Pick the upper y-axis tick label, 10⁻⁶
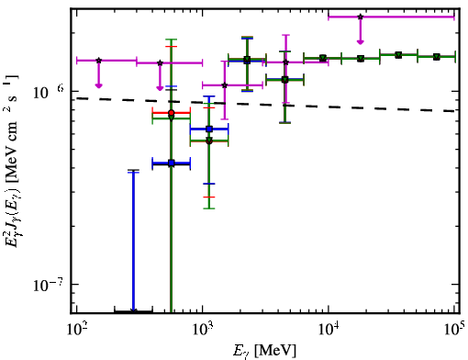[49, 92]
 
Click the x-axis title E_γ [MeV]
[264, 351]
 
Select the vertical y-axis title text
[12, 161]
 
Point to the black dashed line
[265, 105]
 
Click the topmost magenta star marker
[361, 17]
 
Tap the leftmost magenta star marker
[98, 61]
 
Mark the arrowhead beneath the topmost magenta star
[361, 41]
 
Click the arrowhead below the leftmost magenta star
[98, 85]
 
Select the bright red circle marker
[172, 113]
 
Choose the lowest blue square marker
[172, 163]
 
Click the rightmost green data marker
[437, 57]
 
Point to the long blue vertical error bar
[133, 242]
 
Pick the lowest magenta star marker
[225, 85]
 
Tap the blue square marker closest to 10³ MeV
[209, 129]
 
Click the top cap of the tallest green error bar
[172, 39]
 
